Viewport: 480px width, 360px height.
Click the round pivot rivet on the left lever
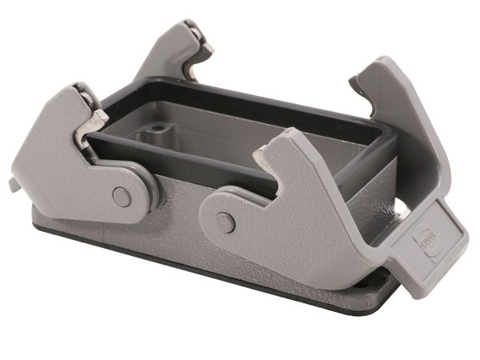(122, 196)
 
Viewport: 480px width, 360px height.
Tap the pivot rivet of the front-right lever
(226, 222)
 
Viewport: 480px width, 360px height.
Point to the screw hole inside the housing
(159, 127)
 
